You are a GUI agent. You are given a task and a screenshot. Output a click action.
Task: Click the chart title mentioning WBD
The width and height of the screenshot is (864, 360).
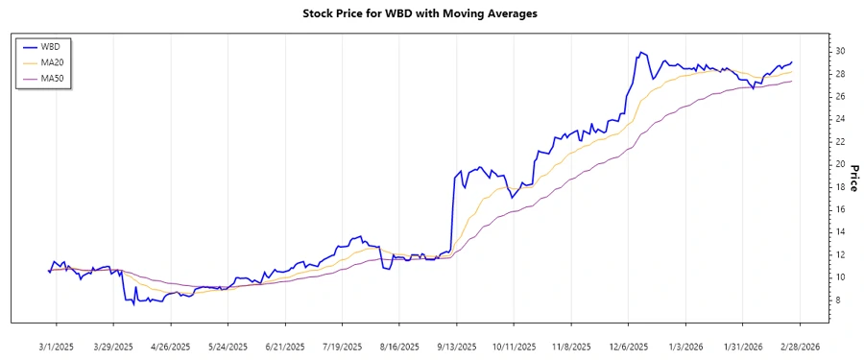tap(432, 14)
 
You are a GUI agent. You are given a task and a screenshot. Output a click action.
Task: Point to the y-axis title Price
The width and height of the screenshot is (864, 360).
tap(851, 178)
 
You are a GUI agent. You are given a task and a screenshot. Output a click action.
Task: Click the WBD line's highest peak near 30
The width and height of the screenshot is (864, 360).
tap(639, 52)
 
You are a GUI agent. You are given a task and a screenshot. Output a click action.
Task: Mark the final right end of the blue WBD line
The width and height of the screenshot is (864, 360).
tap(792, 61)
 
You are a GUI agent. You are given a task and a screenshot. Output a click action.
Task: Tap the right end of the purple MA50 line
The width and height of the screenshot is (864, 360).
tap(792, 81)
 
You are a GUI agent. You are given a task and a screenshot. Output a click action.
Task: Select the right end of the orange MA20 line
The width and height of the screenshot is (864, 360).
tap(792, 72)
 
